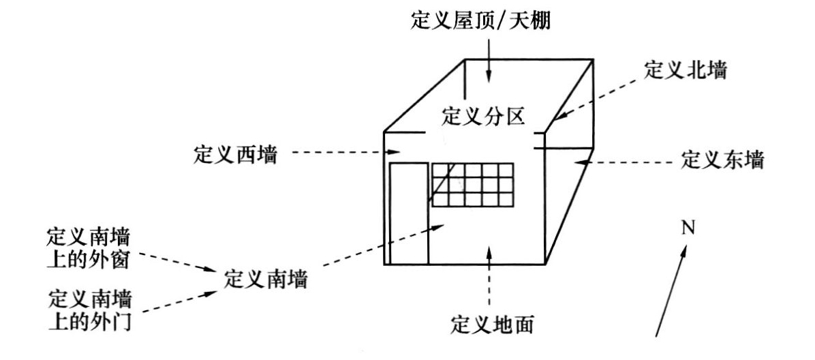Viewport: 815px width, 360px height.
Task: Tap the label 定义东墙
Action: [x=722, y=162]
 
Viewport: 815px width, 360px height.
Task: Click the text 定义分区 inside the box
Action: [x=483, y=117]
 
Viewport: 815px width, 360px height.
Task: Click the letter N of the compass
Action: [x=689, y=226]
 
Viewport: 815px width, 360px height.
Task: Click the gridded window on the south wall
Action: [x=471, y=184]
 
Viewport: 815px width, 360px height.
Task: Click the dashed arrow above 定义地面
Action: [x=489, y=280]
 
